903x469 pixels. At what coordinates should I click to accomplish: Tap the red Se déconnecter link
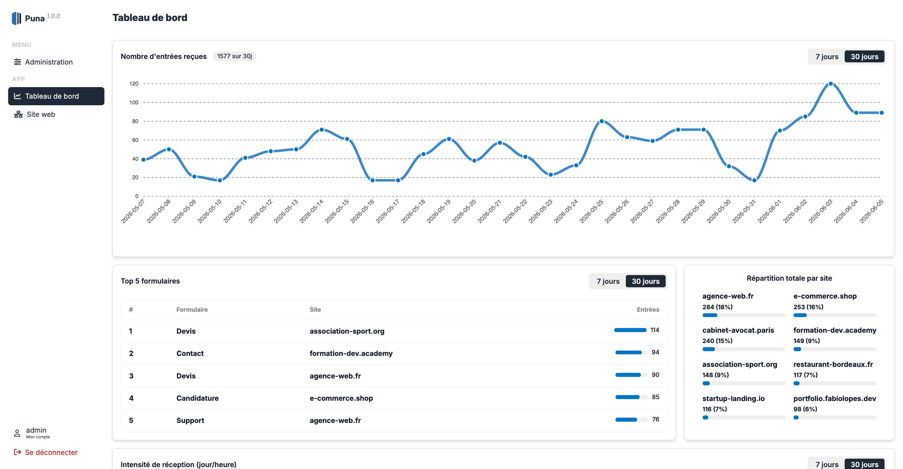(45, 452)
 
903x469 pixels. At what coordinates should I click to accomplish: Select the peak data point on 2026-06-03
(831, 84)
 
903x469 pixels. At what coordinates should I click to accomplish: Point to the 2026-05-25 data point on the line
(602, 121)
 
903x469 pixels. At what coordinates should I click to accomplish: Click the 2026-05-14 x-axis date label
(312, 211)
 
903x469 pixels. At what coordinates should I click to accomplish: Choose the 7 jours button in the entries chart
(826, 56)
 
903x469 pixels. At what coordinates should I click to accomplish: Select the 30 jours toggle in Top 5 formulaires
(645, 281)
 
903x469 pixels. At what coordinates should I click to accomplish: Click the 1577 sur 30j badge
(235, 56)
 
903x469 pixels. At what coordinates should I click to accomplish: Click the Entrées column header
(648, 309)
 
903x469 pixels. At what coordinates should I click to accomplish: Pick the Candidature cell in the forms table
(197, 398)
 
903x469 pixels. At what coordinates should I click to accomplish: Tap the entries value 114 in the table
(655, 330)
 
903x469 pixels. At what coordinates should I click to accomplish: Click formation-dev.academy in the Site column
(351, 353)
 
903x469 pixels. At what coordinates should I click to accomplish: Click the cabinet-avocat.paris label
(738, 330)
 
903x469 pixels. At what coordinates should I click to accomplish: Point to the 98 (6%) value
(805, 409)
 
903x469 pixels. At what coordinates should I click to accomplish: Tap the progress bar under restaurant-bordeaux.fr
(835, 383)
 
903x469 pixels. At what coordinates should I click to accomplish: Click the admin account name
(36, 430)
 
